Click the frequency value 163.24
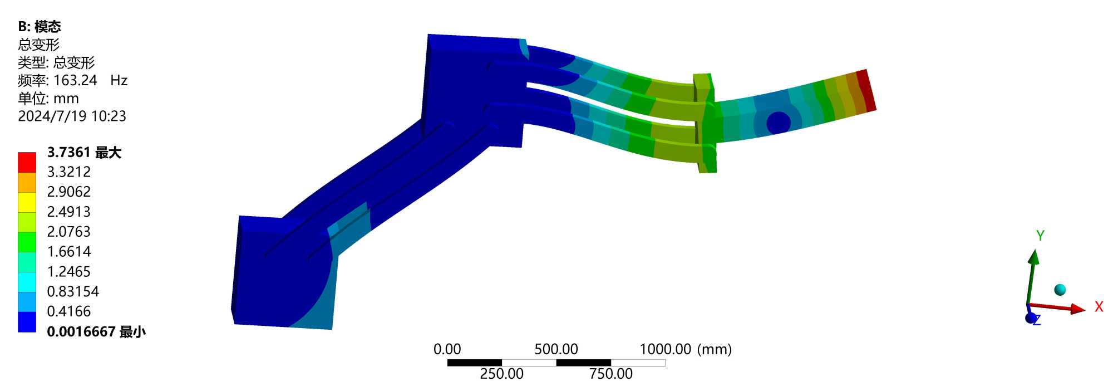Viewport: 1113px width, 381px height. point(75,80)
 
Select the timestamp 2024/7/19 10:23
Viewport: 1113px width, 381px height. point(72,116)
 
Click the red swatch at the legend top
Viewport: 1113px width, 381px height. point(27,163)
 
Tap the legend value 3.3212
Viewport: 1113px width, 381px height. point(69,172)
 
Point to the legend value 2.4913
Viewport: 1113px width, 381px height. point(69,212)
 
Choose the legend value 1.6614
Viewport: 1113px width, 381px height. point(69,252)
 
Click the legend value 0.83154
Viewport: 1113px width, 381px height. point(73,291)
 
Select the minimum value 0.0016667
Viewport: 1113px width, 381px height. point(81,332)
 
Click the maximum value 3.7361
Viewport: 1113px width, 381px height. point(69,152)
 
